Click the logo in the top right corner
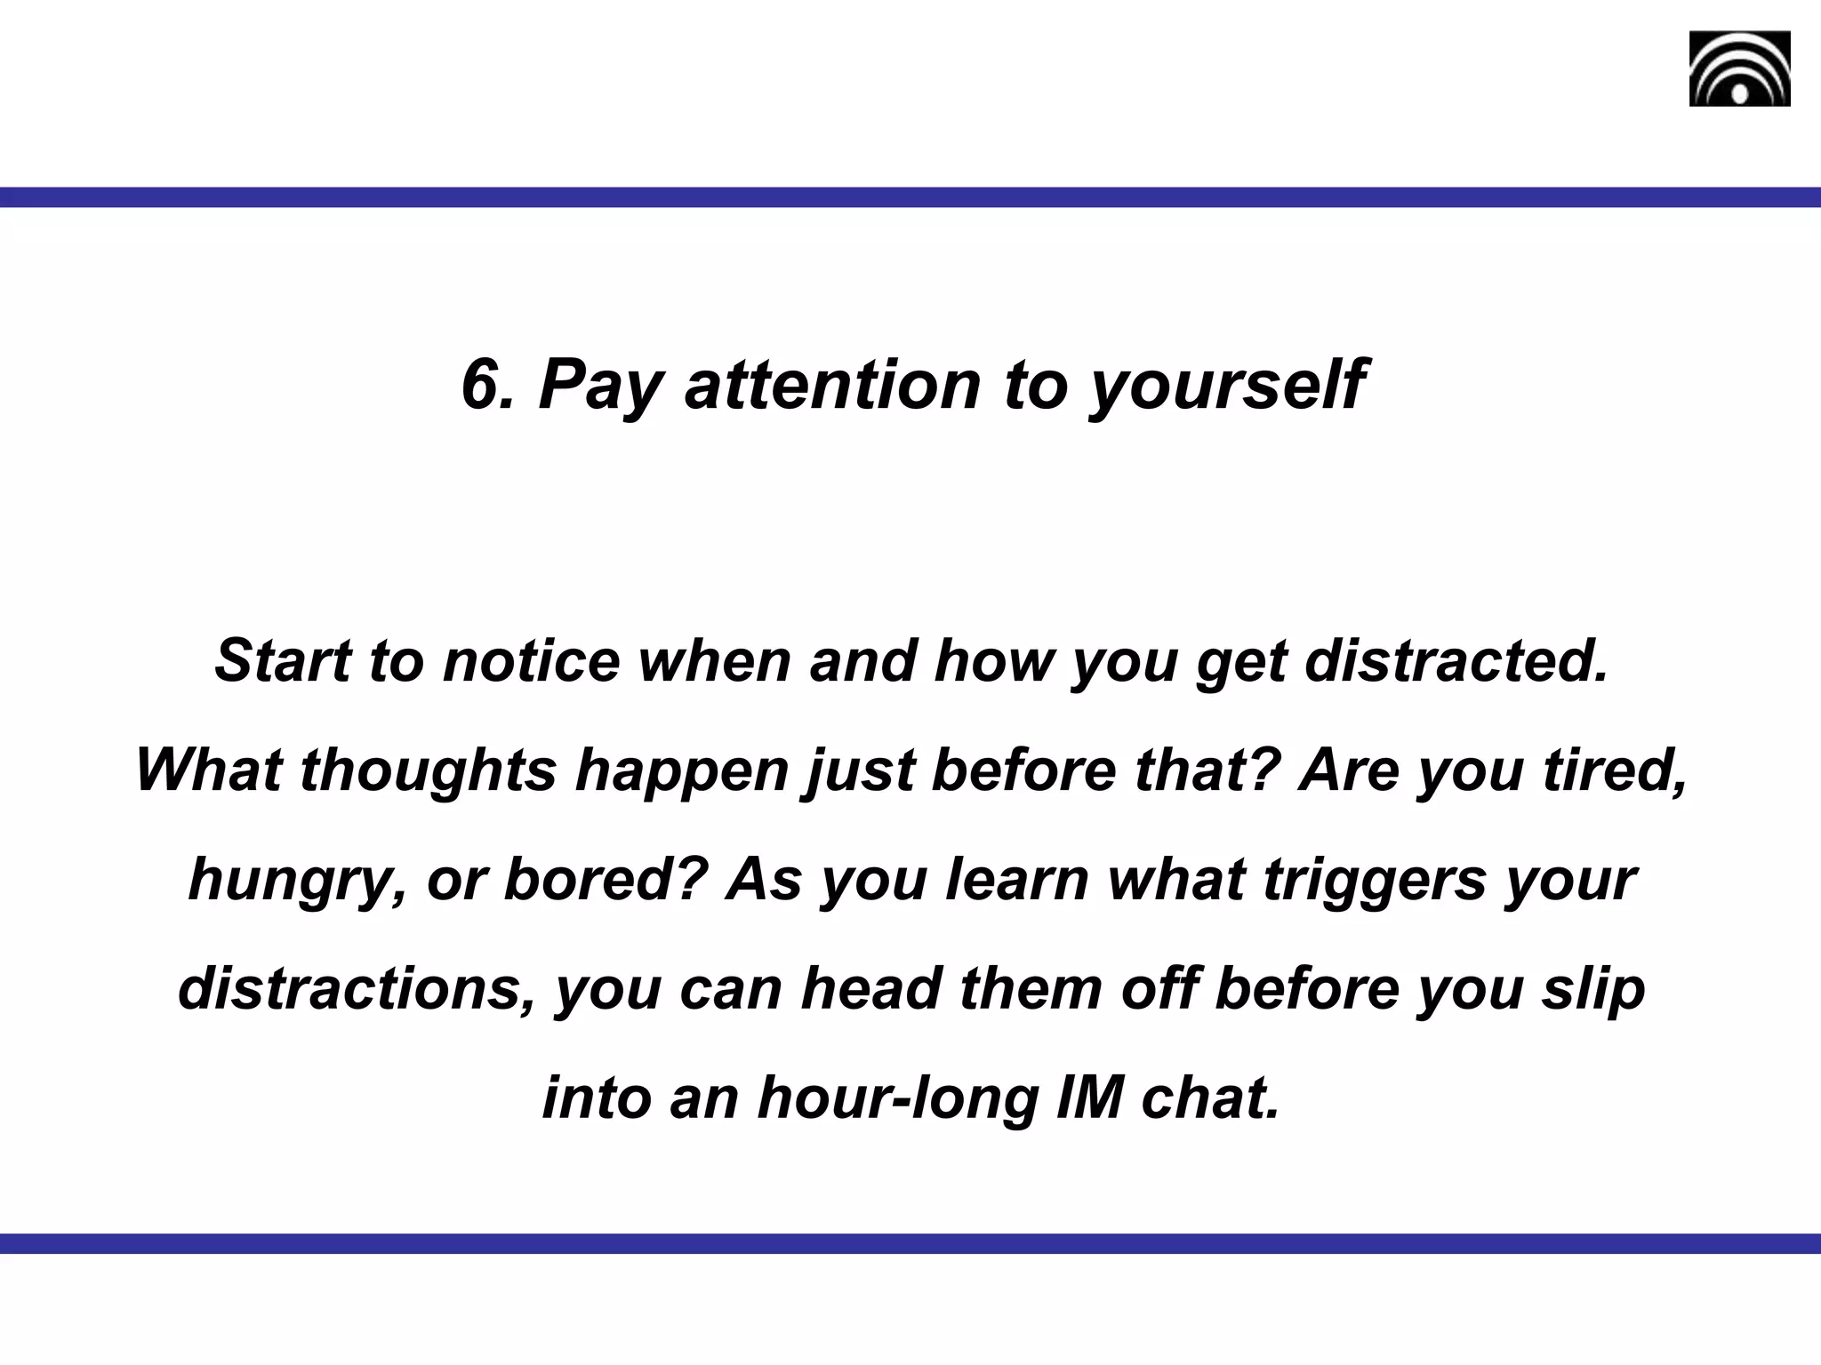(1739, 68)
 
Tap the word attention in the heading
(831, 384)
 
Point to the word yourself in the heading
(1225, 386)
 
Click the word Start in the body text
(283, 661)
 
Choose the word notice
(531, 661)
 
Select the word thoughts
(428, 770)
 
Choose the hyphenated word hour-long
(897, 1098)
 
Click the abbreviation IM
(1087, 1098)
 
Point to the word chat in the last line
(1210, 1098)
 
